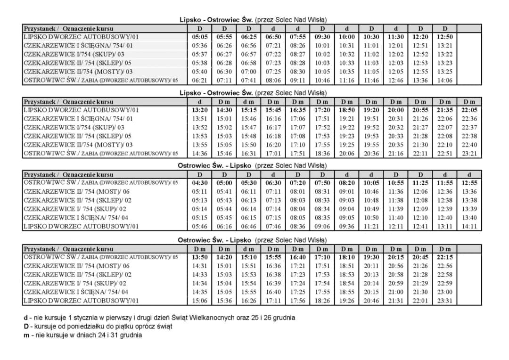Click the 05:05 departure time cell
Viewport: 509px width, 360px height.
click(200, 37)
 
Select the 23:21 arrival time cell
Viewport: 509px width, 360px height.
click(469, 153)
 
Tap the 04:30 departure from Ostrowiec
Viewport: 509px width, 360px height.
click(200, 183)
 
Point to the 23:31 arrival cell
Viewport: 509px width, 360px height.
click(445, 301)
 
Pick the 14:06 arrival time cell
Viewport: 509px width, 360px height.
click(445, 80)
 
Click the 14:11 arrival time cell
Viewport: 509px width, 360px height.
click(469, 226)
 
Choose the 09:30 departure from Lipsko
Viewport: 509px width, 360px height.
click(322, 37)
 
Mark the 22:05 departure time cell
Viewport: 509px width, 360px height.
click(469, 110)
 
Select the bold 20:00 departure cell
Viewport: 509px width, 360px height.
click(396, 110)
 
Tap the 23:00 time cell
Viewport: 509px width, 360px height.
click(445, 292)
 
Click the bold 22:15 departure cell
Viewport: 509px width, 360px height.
click(445, 257)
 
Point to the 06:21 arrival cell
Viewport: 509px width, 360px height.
click(200, 80)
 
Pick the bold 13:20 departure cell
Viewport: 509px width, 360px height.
click(200, 110)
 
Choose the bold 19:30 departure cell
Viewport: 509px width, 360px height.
click(371, 257)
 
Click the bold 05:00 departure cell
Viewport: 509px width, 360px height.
click(224, 183)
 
